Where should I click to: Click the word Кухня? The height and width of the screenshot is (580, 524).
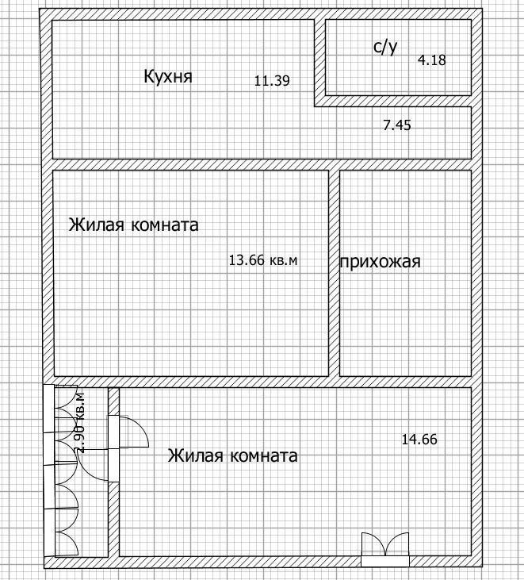[168, 77]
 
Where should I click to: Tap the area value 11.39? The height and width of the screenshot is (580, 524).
[272, 81]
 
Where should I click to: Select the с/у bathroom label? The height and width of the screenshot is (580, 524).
[385, 47]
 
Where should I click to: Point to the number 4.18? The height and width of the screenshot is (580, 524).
[431, 60]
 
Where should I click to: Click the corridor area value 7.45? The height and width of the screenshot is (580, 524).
[397, 125]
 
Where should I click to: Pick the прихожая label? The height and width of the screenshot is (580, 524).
[381, 263]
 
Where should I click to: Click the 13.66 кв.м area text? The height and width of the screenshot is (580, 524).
[263, 260]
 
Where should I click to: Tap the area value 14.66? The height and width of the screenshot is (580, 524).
[419, 440]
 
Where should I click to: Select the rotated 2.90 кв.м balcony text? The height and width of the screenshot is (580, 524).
[80, 422]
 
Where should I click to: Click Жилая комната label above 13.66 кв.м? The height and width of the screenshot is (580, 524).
[133, 225]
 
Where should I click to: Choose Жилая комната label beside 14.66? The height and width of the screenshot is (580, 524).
[233, 455]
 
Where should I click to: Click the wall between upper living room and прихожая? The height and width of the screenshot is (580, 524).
[334, 273]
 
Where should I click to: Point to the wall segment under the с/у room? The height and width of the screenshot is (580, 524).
[393, 101]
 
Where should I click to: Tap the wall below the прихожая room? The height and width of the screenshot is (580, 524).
[406, 382]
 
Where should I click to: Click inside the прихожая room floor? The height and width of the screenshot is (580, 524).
[406, 314]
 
